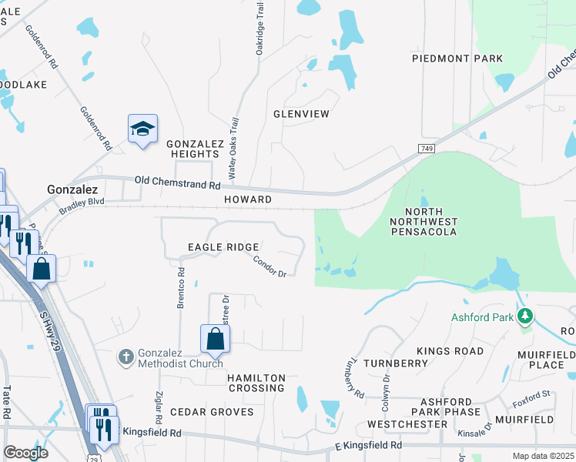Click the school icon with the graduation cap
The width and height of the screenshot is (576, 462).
coord(142,129)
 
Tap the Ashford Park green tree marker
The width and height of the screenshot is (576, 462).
coord(525,316)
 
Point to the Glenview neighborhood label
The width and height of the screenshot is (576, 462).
coord(301,114)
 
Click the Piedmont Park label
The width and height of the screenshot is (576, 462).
coord(457,59)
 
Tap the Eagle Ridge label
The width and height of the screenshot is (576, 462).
coord(223,247)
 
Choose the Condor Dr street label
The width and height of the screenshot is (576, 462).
coord(270,266)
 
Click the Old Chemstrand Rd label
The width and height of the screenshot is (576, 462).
coord(177,184)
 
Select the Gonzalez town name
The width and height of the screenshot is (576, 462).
coord(72,189)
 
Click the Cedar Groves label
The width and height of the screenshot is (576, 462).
coord(212,412)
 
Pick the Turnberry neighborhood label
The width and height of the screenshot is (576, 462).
coord(395,363)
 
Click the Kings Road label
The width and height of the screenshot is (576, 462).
coord(450,351)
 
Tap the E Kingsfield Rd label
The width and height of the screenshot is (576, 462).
coord(367,445)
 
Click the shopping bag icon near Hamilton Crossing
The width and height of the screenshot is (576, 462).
coord(215,338)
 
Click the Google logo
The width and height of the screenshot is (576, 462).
coord(25,453)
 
